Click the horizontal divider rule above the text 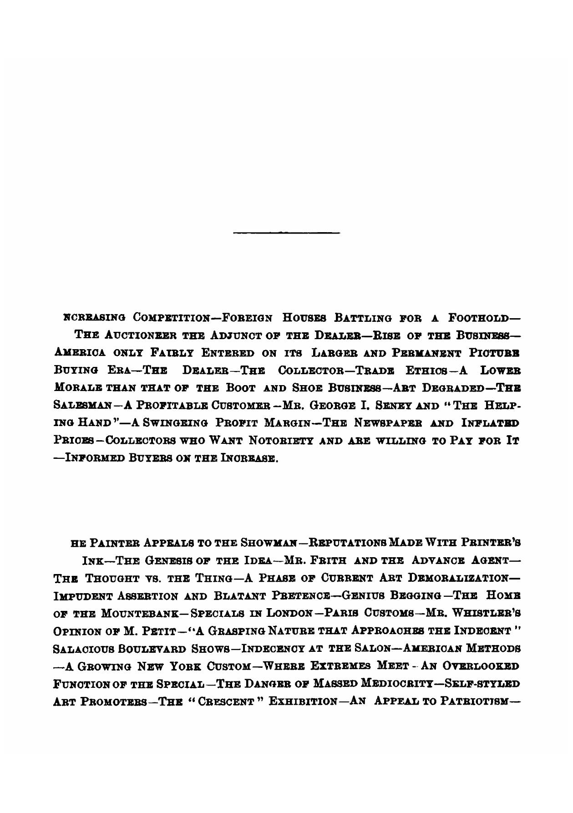point(286,233)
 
